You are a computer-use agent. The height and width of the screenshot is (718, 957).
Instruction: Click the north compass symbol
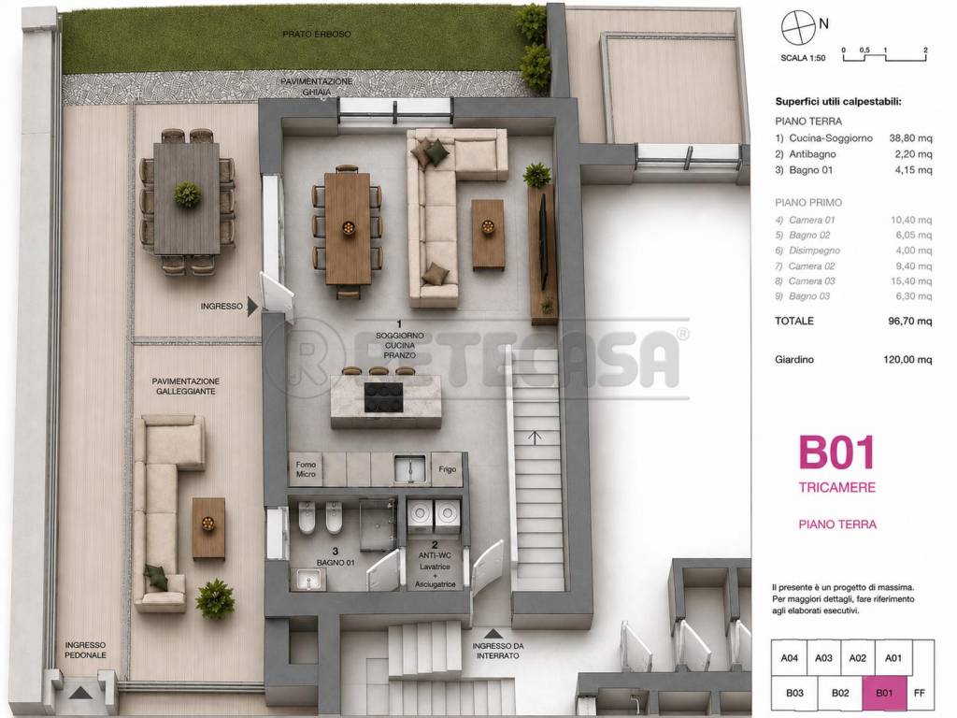pyautogui.click(x=798, y=27)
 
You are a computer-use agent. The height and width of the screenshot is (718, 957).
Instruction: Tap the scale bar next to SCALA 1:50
pyautogui.click(x=885, y=57)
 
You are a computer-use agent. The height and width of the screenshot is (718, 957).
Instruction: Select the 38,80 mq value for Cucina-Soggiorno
pyautogui.click(x=910, y=138)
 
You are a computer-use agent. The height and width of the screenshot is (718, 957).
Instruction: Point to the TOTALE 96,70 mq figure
pyautogui.click(x=910, y=322)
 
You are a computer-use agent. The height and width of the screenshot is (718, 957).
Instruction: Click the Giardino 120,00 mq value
pyautogui.click(x=907, y=360)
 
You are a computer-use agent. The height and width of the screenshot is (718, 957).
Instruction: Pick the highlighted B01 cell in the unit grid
pyautogui.click(x=884, y=693)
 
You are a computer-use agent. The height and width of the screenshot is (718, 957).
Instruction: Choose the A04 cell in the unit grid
pyautogui.click(x=789, y=658)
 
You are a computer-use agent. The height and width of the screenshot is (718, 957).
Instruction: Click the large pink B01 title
pyautogui.click(x=836, y=452)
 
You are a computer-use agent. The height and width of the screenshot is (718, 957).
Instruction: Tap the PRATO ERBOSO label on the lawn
pyautogui.click(x=317, y=35)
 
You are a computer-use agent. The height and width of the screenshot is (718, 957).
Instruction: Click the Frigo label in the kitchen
pyautogui.click(x=448, y=469)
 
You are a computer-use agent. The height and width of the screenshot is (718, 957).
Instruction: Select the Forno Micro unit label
pyautogui.click(x=306, y=469)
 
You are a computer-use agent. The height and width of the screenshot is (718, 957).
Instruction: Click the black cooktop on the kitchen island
pyautogui.click(x=383, y=397)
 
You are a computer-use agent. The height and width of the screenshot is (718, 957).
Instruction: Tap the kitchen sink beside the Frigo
pyautogui.click(x=410, y=469)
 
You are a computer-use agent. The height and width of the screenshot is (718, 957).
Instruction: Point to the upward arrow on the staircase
pyautogui.click(x=535, y=438)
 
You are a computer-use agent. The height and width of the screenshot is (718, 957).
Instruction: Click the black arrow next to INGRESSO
pyautogui.click(x=252, y=307)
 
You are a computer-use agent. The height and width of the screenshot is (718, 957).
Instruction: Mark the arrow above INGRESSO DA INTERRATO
pyautogui.click(x=493, y=634)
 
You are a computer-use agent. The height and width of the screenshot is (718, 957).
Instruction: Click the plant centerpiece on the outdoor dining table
pyautogui.click(x=187, y=194)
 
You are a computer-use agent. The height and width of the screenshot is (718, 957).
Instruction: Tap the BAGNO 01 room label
pyautogui.click(x=336, y=562)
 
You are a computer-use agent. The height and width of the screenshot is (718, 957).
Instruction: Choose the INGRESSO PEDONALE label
pyautogui.click(x=85, y=651)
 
